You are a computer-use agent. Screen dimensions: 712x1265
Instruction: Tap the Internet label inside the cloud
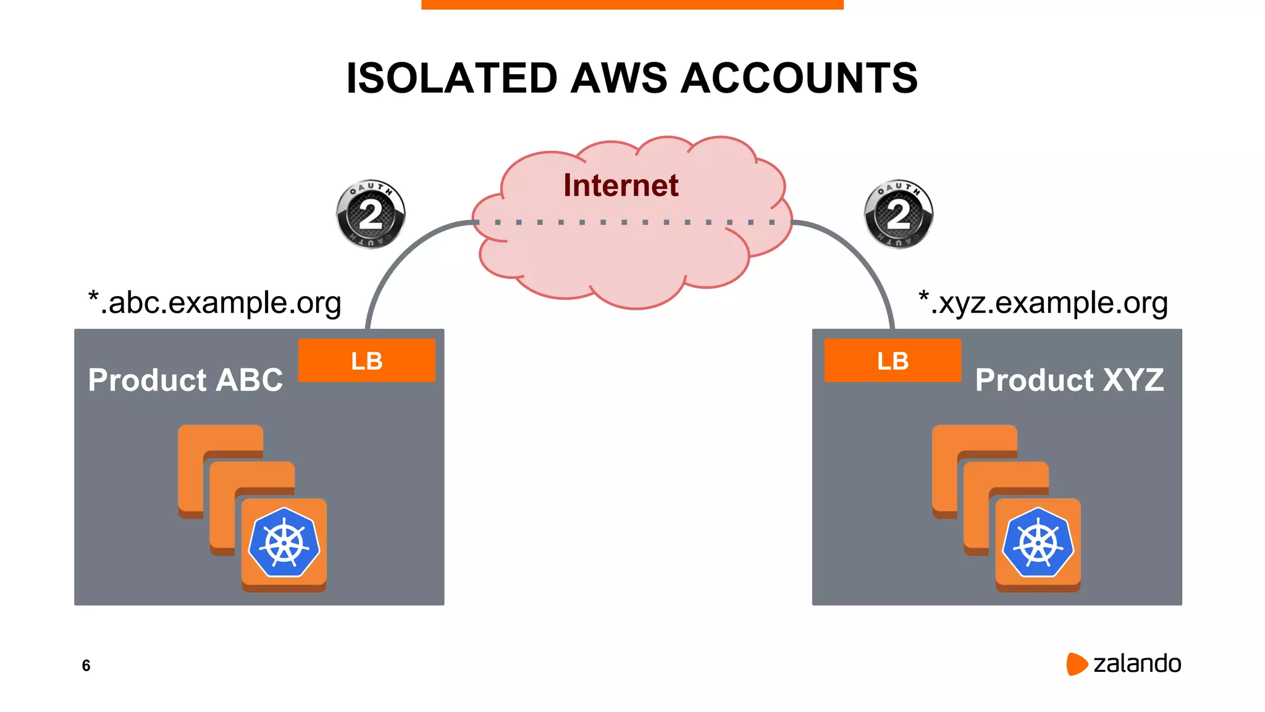pyautogui.click(x=621, y=185)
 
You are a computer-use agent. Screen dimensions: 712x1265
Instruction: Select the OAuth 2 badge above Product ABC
pyautogui.click(x=371, y=214)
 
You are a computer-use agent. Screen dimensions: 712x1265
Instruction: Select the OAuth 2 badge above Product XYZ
pyautogui.click(x=898, y=214)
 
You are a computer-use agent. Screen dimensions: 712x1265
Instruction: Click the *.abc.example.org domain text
pyautogui.click(x=215, y=303)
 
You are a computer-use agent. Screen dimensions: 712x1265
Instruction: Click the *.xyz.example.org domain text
pyautogui.click(x=1043, y=303)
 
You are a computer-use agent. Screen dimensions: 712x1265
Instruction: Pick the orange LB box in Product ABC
pyautogui.click(x=366, y=360)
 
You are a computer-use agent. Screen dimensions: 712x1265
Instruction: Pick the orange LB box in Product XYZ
pyautogui.click(x=893, y=360)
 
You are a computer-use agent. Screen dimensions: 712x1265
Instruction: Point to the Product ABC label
pyautogui.click(x=185, y=379)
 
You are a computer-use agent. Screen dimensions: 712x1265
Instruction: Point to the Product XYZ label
pyautogui.click(x=1069, y=379)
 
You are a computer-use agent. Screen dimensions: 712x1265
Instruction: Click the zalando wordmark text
pyautogui.click(x=1137, y=664)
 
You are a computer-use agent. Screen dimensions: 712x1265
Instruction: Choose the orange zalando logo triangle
pyautogui.click(x=1076, y=664)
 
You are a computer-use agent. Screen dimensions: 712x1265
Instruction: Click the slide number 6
pyautogui.click(x=86, y=666)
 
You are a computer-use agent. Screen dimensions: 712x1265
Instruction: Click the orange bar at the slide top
pyautogui.click(x=632, y=4)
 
